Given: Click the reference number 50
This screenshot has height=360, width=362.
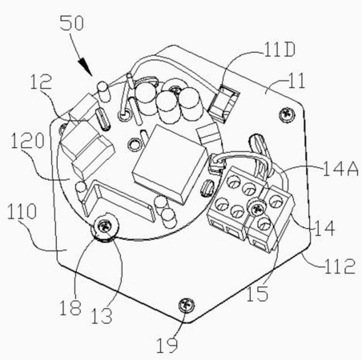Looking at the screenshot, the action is pyautogui.click(x=72, y=23).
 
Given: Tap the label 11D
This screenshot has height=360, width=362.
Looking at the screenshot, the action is pyautogui.click(x=279, y=50).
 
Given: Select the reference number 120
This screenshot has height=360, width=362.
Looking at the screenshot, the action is pyautogui.click(x=27, y=141).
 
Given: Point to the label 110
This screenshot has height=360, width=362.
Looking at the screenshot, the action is pyautogui.click(x=22, y=211).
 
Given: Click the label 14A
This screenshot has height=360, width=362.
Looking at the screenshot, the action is pyautogui.click(x=340, y=169).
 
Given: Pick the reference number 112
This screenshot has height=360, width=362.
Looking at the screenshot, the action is pyautogui.click(x=340, y=266).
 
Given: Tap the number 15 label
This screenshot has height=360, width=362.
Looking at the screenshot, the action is pyautogui.click(x=257, y=294).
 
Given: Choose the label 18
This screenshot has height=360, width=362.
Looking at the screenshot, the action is pyautogui.click(x=70, y=308).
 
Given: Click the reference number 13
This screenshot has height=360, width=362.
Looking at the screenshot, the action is pyautogui.click(x=102, y=316).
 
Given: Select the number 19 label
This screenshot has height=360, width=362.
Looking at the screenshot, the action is pyautogui.click(x=167, y=346).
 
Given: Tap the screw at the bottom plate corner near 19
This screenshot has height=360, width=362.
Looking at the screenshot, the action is pyautogui.click(x=187, y=305).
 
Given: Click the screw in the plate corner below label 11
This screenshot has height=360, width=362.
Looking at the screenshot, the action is pyautogui.click(x=287, y=115).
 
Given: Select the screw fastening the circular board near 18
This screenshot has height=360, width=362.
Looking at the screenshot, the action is pyautogui.click(x=104, y=227).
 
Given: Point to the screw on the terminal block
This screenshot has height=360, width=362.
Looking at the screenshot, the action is pyautogui.click(x=257, y=208).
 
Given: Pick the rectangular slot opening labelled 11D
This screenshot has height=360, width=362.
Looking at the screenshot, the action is pyautogui.click(x=224, y=103).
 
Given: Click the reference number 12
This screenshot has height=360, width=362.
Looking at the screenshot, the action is pyautogui.click(x=41, y=82).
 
